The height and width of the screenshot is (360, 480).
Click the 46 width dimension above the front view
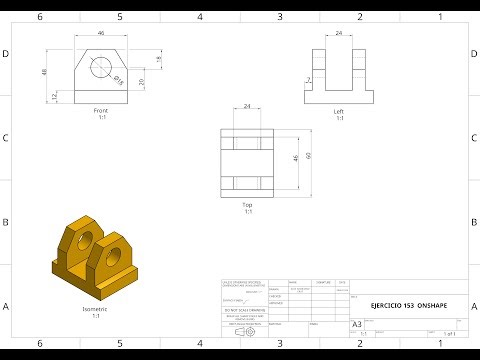coord(100,33)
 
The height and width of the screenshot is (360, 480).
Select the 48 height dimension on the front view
coord(44,72)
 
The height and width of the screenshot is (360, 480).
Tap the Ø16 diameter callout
coord(117,80)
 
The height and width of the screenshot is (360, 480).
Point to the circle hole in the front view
coord(101,67)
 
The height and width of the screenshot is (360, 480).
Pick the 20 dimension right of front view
coord(142,82)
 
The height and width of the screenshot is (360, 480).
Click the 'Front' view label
coord(100,110)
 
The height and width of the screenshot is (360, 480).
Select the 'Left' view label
coord(338,111)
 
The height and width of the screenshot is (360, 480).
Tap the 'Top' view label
coord(247,204)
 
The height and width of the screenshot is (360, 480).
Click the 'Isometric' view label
coord(96,310)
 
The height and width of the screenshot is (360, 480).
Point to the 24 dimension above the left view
coord(338,33)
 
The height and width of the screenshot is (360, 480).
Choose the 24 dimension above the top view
coord(247,107)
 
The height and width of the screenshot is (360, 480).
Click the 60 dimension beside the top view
coord(310,155)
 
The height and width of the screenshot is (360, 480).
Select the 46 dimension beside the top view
coord(296,157)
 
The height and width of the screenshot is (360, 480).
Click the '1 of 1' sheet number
coord(449,333)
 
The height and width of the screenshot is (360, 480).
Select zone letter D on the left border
coord(7,53)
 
